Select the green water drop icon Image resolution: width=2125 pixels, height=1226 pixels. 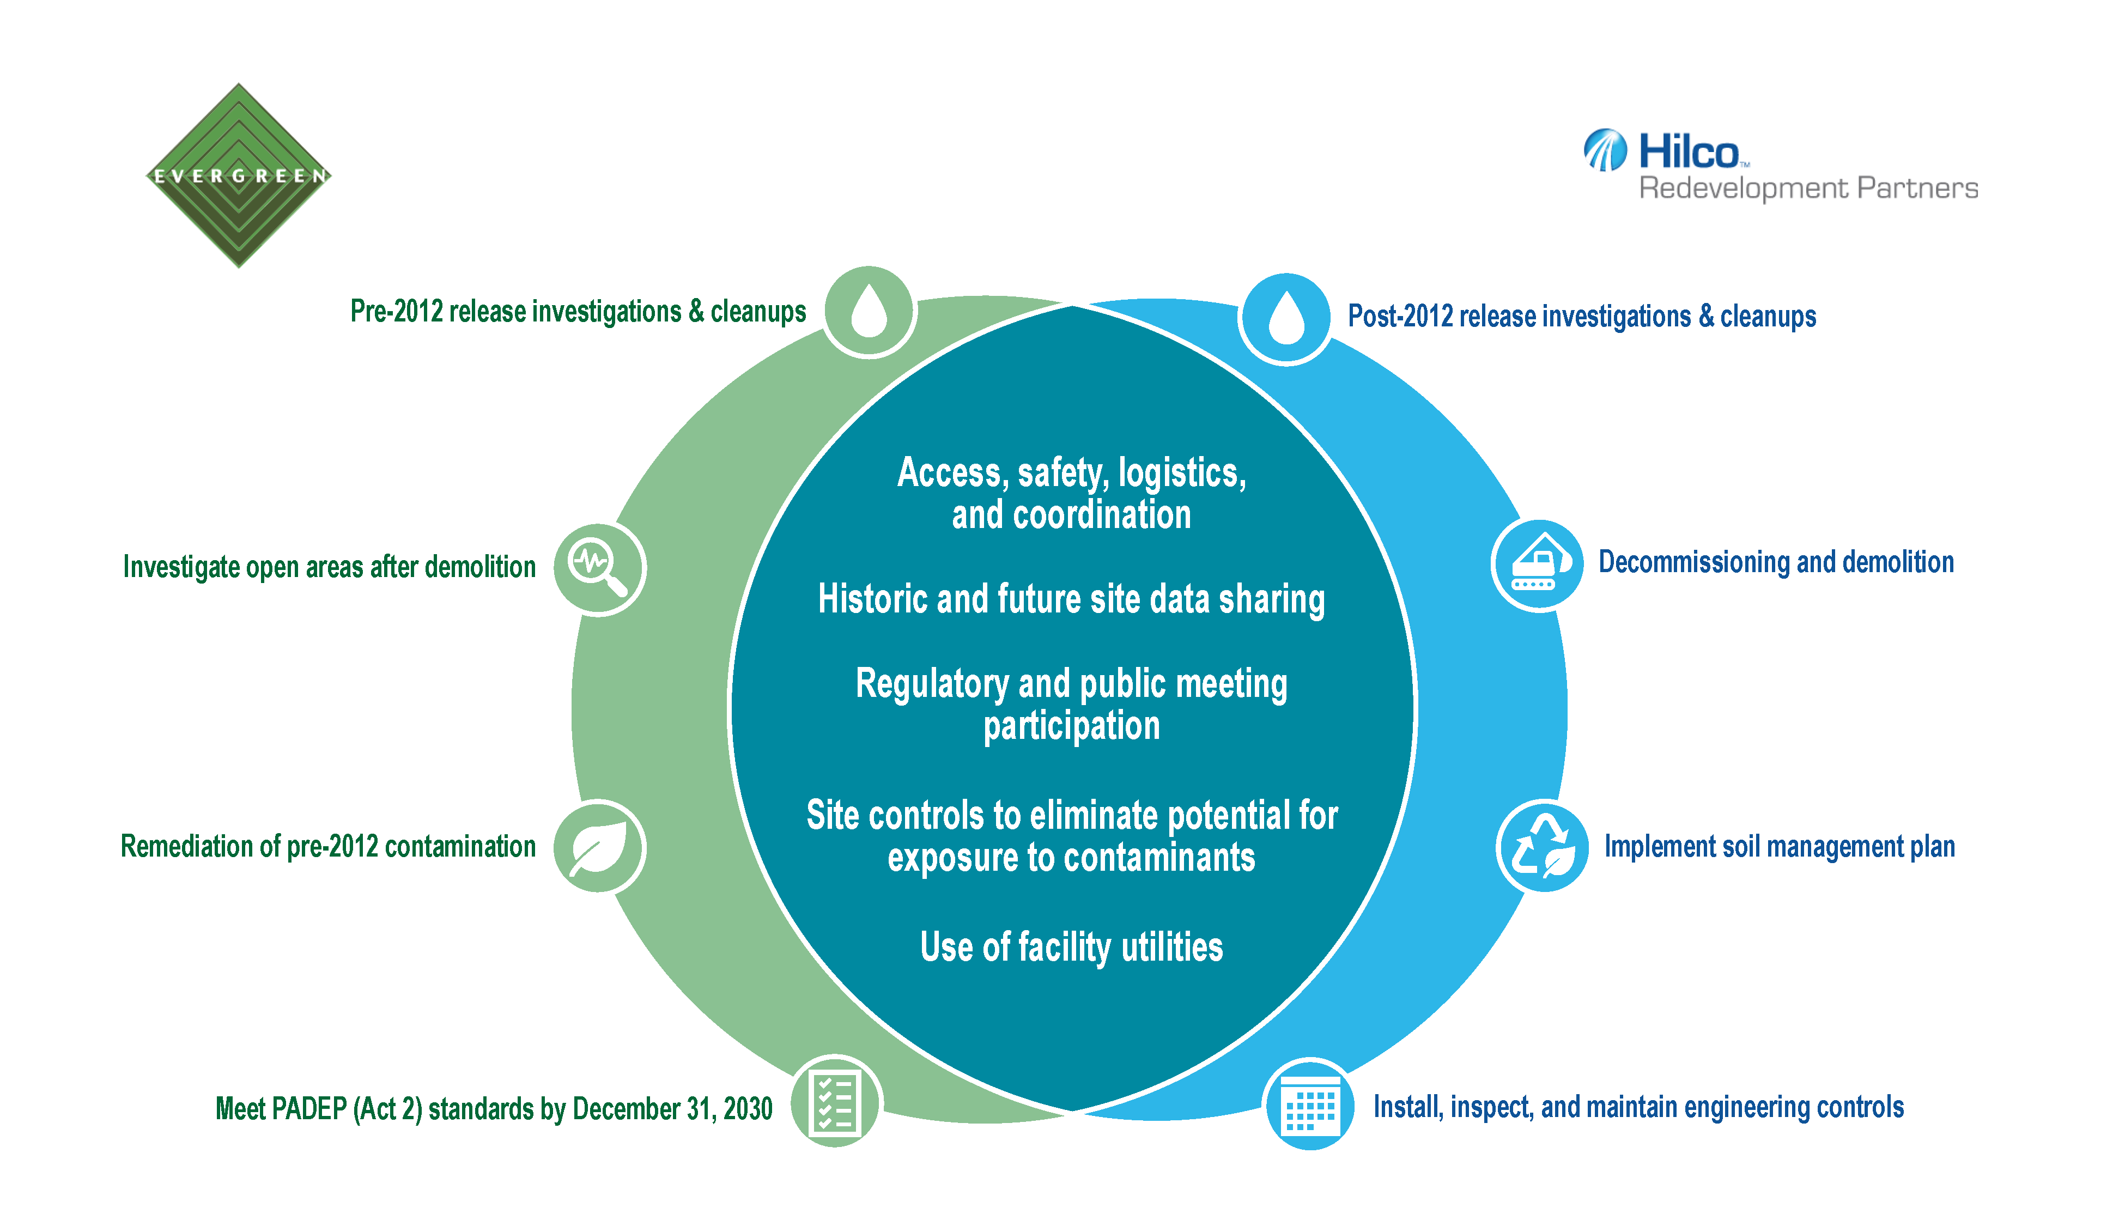point(869,312)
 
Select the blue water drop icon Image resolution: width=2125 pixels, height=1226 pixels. point(1285,318)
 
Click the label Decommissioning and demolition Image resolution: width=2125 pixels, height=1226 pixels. point(1776,562)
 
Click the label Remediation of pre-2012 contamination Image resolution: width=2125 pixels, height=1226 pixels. point(329,846)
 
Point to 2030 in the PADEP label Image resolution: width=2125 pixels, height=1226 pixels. point(748,1108)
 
